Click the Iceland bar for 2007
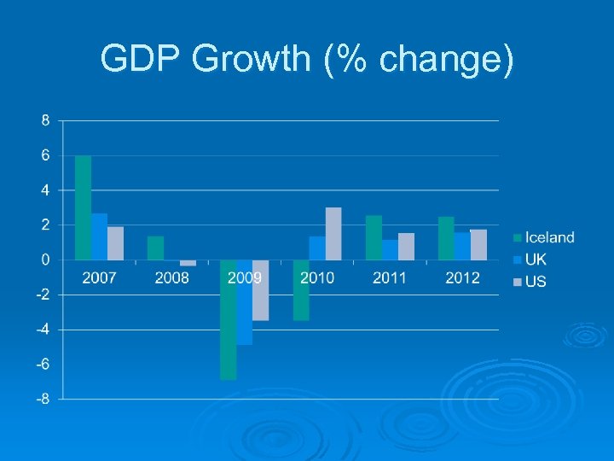point(83,207)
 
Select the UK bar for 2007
point(99,236)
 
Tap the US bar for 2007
point(115,243)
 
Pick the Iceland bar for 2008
point(155,248)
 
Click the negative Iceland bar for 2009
point(228,319)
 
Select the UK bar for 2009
point(244,301)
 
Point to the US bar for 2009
point(260,289)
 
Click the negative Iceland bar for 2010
point(300,289)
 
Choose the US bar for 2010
point(333,233)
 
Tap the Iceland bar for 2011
point(374,237)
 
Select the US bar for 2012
point(478,244)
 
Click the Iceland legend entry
point(543,237)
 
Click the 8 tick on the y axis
point(45,120)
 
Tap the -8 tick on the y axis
point(43,398)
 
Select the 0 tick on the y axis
point(45,260)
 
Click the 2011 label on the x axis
point(390,278)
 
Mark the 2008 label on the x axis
point(171,278)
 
